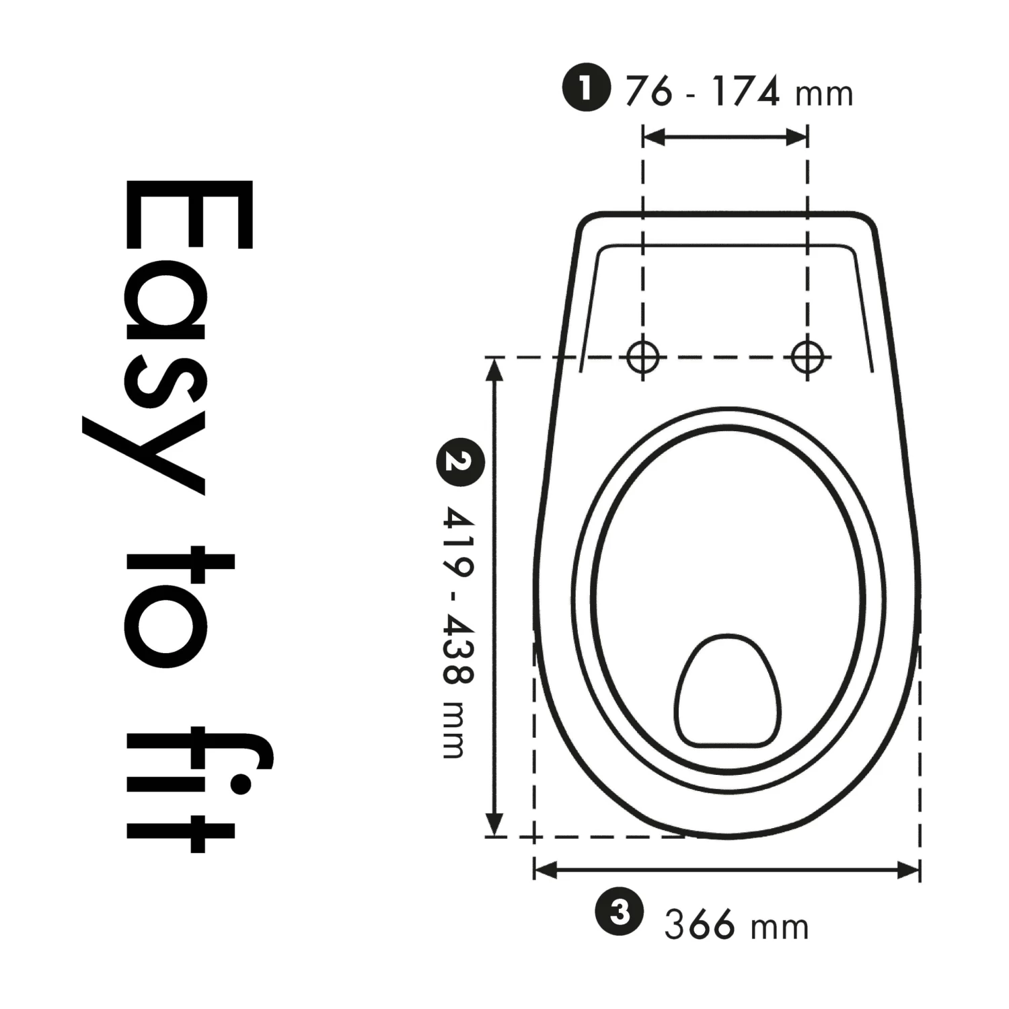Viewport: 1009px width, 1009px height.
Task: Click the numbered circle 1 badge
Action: click(x=587, y=88)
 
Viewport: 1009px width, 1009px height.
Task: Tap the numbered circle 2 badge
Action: click(x=460, y=462)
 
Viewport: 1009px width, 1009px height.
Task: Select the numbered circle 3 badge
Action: click(x=620, y=913)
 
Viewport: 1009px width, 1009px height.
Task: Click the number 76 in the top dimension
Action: click(x=648, y=91)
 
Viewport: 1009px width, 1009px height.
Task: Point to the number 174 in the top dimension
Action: click(x=747, y=91)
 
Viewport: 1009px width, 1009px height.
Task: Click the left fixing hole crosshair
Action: click(x=642, y=357)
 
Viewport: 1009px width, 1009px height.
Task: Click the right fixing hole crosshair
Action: click(x=807, y=357)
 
